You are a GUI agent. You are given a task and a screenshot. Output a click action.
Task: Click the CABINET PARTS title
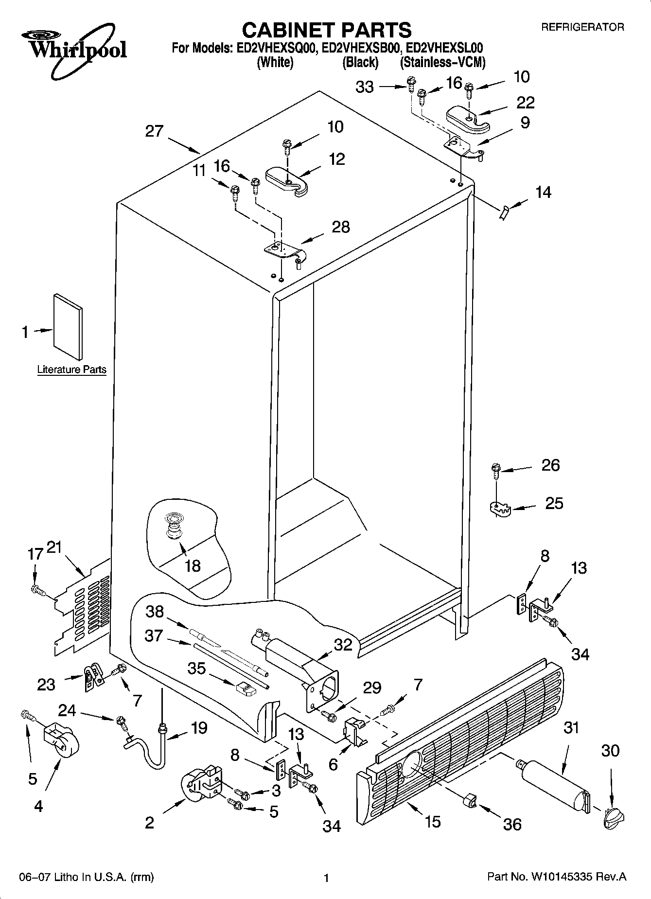(326, 30)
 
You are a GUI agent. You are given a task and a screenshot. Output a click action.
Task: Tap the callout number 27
(154, 131)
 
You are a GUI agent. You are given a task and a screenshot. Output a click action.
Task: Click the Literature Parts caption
(71, 370)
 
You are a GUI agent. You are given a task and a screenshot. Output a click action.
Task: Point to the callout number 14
(543, 192)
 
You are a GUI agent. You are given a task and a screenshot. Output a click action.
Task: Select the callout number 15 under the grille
(432, 821)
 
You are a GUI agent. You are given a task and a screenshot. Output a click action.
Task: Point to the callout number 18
(193, 565)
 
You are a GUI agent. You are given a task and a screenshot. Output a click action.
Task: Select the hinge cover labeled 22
(467, 118)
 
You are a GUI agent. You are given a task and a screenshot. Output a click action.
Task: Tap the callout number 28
(340, 227)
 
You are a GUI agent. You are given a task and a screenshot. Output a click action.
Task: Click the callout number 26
(550, 465)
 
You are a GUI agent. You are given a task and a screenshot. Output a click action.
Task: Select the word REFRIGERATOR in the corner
(582, 27)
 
